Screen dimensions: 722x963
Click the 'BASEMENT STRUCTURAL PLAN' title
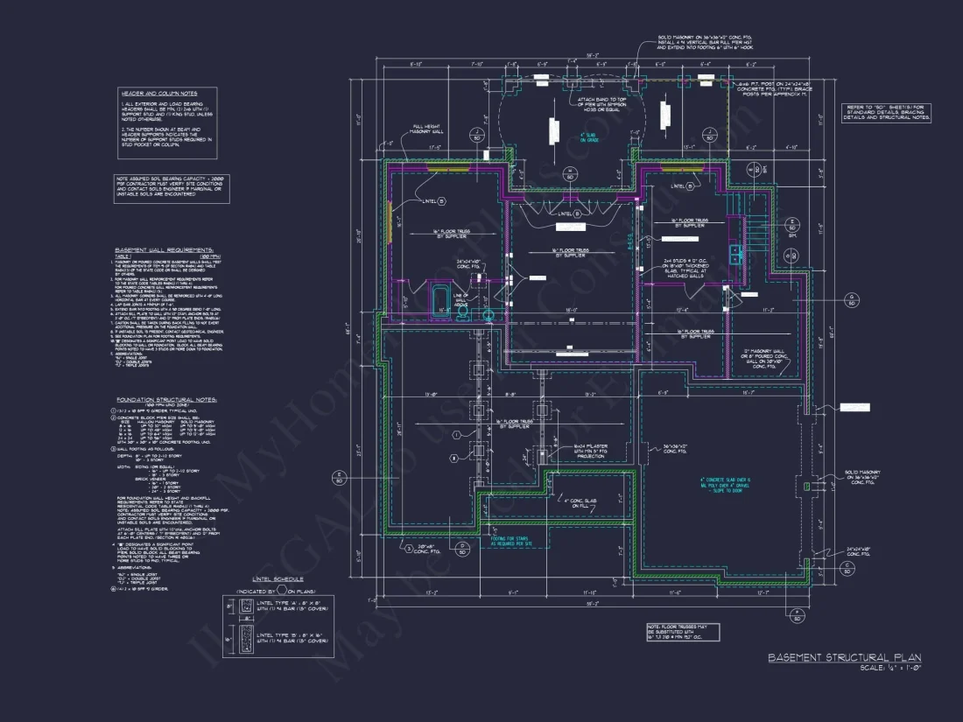point(845,657)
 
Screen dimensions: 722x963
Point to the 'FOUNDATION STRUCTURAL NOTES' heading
point(166,399)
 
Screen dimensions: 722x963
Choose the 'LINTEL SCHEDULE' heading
point(277,578)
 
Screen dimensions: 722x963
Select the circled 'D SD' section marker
point(461,549)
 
